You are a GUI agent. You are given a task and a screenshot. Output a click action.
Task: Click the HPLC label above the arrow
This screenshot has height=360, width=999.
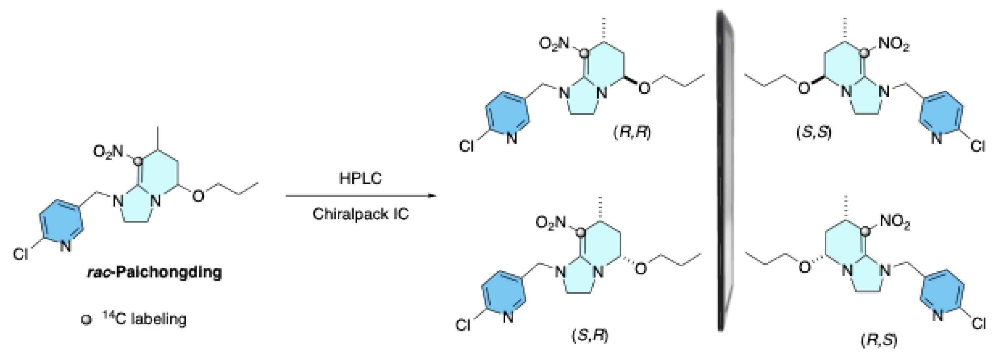[360, 179]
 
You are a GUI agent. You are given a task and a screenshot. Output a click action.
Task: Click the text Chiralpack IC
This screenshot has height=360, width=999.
[361, 214]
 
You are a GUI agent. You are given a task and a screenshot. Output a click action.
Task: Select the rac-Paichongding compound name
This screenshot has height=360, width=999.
[154, 272]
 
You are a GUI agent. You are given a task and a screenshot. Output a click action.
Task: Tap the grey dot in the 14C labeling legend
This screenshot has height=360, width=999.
[86, 320]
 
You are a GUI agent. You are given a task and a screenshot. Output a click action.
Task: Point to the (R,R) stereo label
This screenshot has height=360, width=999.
[632, 132]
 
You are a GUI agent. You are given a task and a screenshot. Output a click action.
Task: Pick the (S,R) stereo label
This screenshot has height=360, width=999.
[590, 335]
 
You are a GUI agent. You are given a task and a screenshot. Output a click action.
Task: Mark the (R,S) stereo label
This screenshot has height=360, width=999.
[879, 340]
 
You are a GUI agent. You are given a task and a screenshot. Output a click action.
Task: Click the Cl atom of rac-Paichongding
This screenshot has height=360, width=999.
[21, 254]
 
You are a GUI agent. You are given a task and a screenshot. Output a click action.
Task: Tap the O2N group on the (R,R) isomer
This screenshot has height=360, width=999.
[554, 43]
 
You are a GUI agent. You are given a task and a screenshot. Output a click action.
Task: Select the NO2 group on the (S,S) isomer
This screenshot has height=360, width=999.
[894, 44]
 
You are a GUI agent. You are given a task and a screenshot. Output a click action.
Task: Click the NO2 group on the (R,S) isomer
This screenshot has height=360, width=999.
[895, 222]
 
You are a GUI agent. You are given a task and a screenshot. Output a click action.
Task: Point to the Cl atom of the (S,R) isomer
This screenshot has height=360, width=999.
[463, 325]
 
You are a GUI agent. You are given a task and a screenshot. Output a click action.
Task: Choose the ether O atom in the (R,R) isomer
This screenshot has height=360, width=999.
[644, 88]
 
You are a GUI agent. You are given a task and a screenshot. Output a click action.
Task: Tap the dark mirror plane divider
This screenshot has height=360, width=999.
[724, 171]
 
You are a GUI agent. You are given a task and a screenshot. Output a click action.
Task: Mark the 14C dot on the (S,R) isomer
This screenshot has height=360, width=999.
[581, 233]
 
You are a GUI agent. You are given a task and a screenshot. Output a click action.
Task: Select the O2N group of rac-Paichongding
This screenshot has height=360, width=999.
[108, 151]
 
